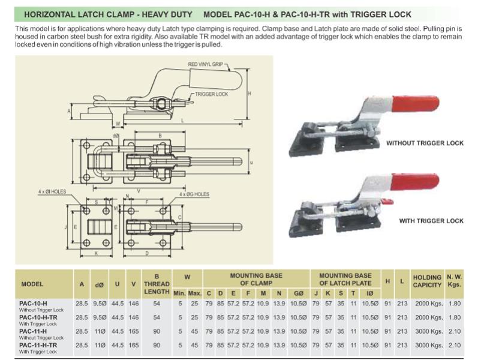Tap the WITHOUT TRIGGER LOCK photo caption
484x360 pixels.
425,143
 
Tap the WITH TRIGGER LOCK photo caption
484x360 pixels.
431,221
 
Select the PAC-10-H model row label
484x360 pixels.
33,304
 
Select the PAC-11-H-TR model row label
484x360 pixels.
38,345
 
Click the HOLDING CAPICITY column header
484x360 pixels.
427,281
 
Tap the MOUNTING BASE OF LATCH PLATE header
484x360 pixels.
345,279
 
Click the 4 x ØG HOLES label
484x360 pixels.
194,194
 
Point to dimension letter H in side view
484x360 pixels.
249,94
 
